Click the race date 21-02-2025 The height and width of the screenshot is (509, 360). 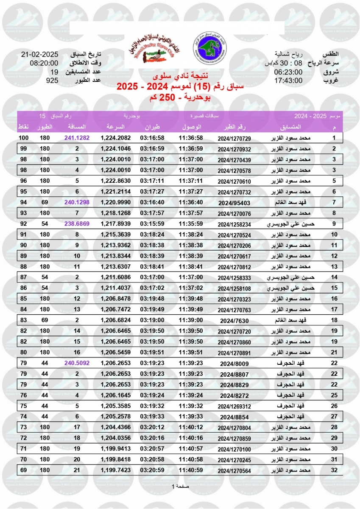tap(39, 55)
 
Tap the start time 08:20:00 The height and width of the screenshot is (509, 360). tap(41, 64)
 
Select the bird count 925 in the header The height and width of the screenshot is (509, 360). tap(52, 81)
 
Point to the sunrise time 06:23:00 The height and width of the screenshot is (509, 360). tap(288, 72)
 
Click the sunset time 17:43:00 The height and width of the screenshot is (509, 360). tap(288, 81)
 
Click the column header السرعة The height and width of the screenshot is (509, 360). tap(116, 127)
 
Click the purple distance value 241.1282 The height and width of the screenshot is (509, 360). tap(77, 138)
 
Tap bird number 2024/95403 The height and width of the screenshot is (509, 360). tap(234, 202)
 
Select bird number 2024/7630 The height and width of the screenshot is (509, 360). tap(234, 320)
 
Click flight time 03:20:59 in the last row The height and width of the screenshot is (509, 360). tap(152, 470)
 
